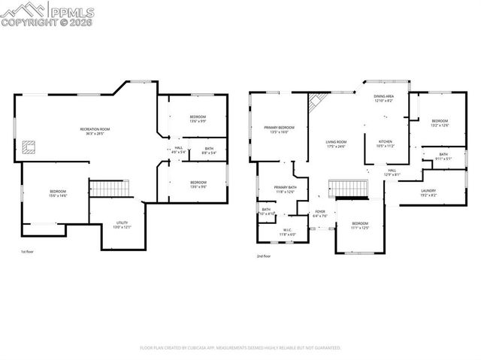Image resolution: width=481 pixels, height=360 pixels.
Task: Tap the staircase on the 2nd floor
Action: click(348, 187)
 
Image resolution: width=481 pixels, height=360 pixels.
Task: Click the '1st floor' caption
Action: click(27, 252)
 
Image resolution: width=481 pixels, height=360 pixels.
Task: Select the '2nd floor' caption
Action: click(264, 256)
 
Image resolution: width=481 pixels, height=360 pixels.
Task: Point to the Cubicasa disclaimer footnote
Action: click(240, 348)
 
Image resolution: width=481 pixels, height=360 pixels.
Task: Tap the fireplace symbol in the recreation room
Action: click(30, 147)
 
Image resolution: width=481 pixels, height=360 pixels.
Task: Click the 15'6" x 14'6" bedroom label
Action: click(58, 194)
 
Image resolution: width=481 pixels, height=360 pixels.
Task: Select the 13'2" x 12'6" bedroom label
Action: click(440, 123)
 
